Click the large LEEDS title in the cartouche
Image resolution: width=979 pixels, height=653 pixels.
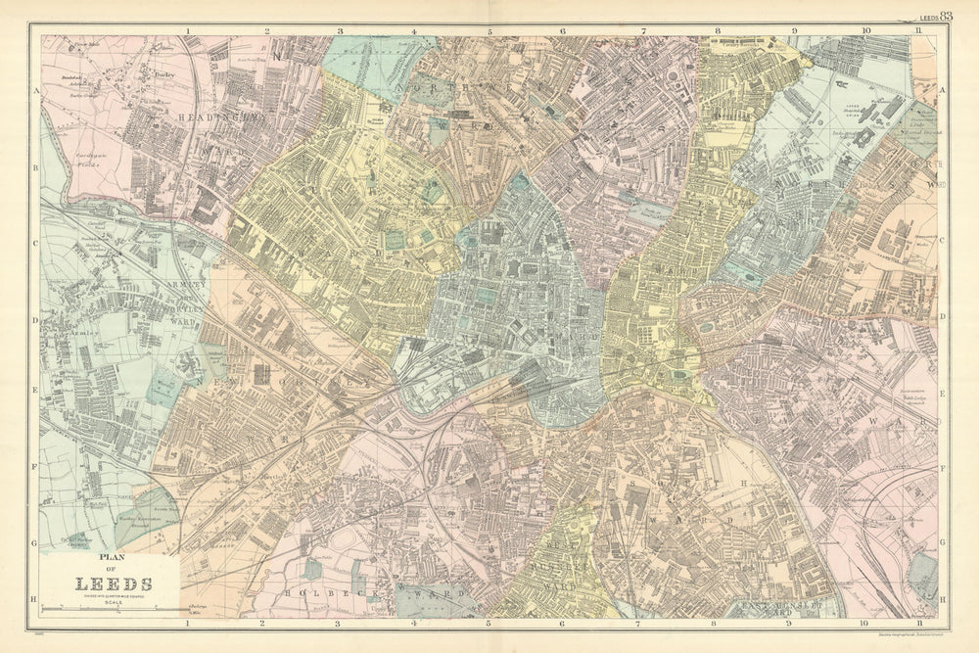[x=108, y=584]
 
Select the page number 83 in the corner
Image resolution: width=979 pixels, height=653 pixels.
[x=946, y=16]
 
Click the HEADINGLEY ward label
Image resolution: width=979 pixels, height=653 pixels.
[x=210, y=116]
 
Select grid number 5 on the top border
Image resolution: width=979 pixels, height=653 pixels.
[x=489, y=30]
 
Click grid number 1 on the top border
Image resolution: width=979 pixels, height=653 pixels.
[x=186, y=30]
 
